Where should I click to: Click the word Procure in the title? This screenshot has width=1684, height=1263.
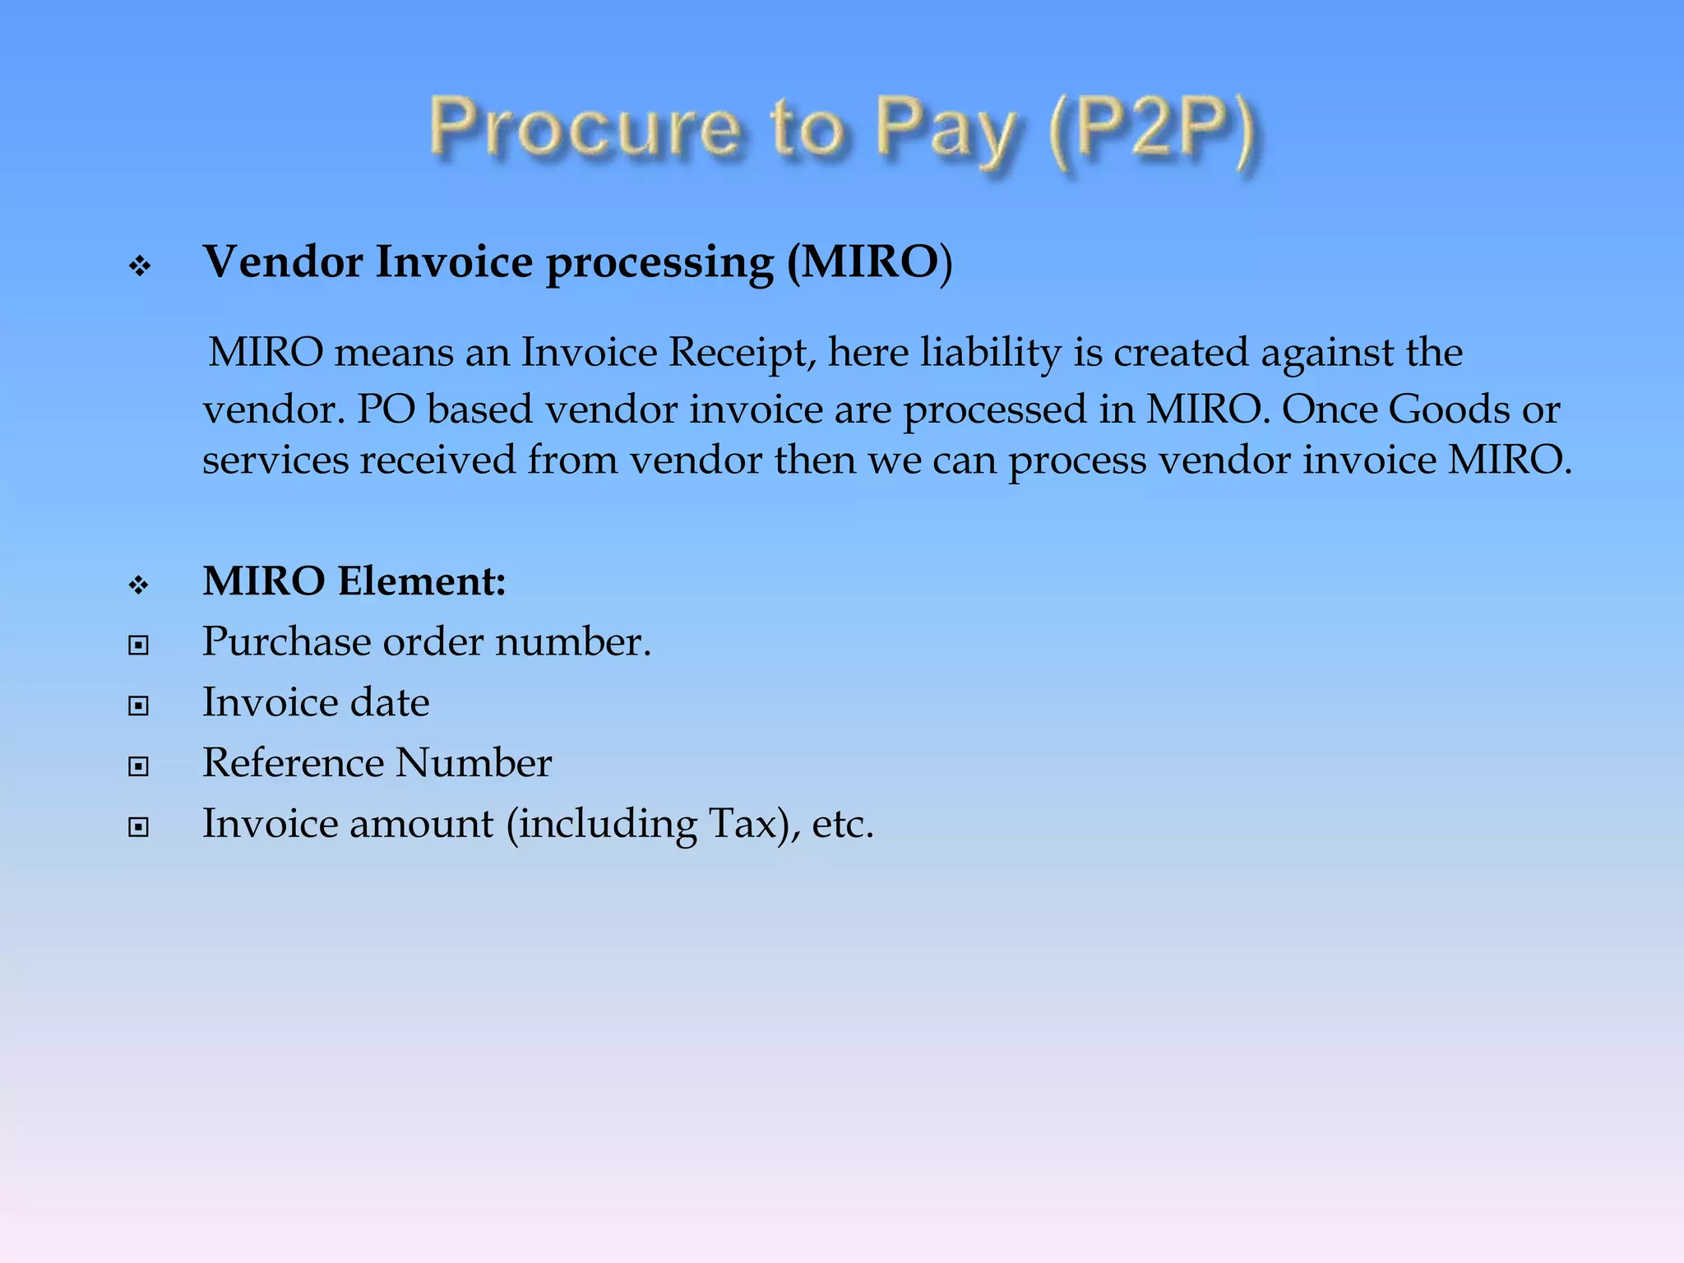click(585, 127)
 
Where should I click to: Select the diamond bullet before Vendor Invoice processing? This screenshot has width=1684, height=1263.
click(140, 266)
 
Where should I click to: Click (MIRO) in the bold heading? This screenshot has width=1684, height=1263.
click(869, 262)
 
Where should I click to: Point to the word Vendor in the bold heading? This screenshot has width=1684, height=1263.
click(284, 262)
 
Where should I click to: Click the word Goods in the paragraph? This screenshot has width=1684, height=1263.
click(1448, 409)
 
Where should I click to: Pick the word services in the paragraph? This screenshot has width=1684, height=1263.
click(276, 460)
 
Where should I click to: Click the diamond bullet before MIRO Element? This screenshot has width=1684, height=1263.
click(139, 585)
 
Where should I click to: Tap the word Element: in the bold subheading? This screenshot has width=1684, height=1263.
click(422, 581)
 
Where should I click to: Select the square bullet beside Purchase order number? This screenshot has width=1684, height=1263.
click(139, 645)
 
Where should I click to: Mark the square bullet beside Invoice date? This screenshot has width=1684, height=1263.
click(139, 706)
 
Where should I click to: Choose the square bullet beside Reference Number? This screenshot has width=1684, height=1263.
click(139, 766)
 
